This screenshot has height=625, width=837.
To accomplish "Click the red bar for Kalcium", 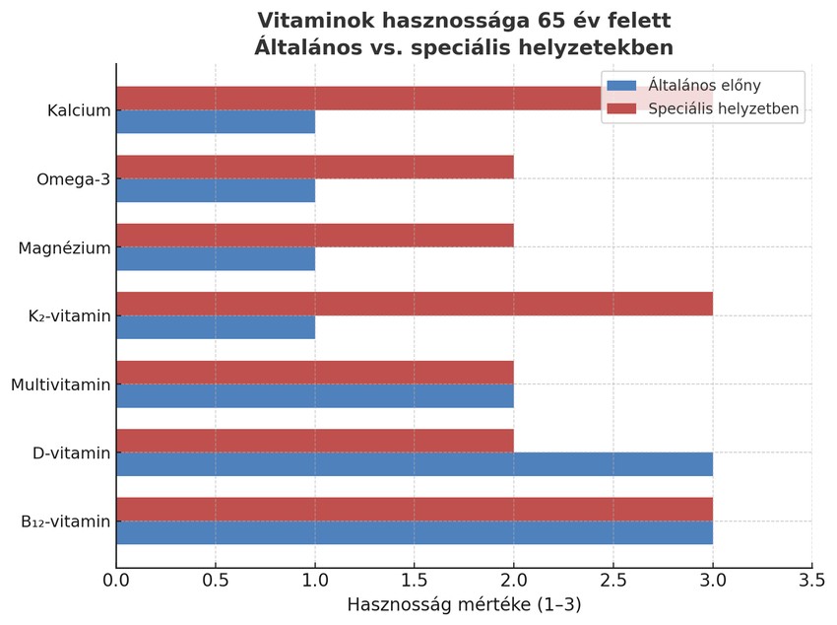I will click(x=354, y=99).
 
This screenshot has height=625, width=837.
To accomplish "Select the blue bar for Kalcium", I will click(x=216, y=122).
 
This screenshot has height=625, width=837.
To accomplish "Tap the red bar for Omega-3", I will click(x=315, y=168).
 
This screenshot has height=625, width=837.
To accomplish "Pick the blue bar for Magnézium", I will click(x=216, y=259).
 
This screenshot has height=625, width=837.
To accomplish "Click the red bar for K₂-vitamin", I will click(x=414, y=305).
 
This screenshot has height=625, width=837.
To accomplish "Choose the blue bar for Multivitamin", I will click(x=315, y=396).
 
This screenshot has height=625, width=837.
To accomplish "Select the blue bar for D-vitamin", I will click(x=414, y=464).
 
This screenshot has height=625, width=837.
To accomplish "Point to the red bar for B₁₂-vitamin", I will click(x=414, y=510).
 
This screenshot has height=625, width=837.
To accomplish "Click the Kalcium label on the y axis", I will click(x=79, y=110).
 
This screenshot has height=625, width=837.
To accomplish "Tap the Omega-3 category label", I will click(x=74, y=179).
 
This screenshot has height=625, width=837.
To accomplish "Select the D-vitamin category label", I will click(x=71, y=453).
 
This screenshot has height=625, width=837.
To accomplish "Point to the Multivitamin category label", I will click(x=61, y=384).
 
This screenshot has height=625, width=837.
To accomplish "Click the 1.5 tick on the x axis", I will click(x=415, y=580).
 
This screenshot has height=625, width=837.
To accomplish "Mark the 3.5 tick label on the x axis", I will click(x=811, y=580).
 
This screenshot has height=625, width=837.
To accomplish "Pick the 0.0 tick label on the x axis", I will click(x=116, y=580).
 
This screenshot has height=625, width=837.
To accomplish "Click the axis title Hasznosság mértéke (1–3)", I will click(x=464, y=604).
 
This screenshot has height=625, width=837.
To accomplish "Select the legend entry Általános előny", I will click(x=704, y=86).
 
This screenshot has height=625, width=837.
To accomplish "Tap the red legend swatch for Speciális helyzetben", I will click(x=622, y=108).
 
